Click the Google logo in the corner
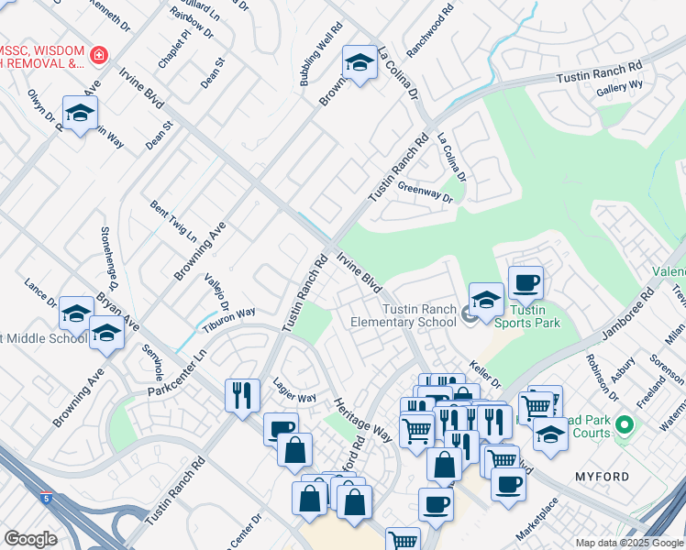(30, 539)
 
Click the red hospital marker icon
(98, 56)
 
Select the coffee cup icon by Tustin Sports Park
(526, 282)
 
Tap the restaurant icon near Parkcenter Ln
(242, 395)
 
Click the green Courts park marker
(625, 425)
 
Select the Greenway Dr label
(426, 192)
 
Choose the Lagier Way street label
(294, 397)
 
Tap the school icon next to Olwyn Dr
(80, 113)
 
